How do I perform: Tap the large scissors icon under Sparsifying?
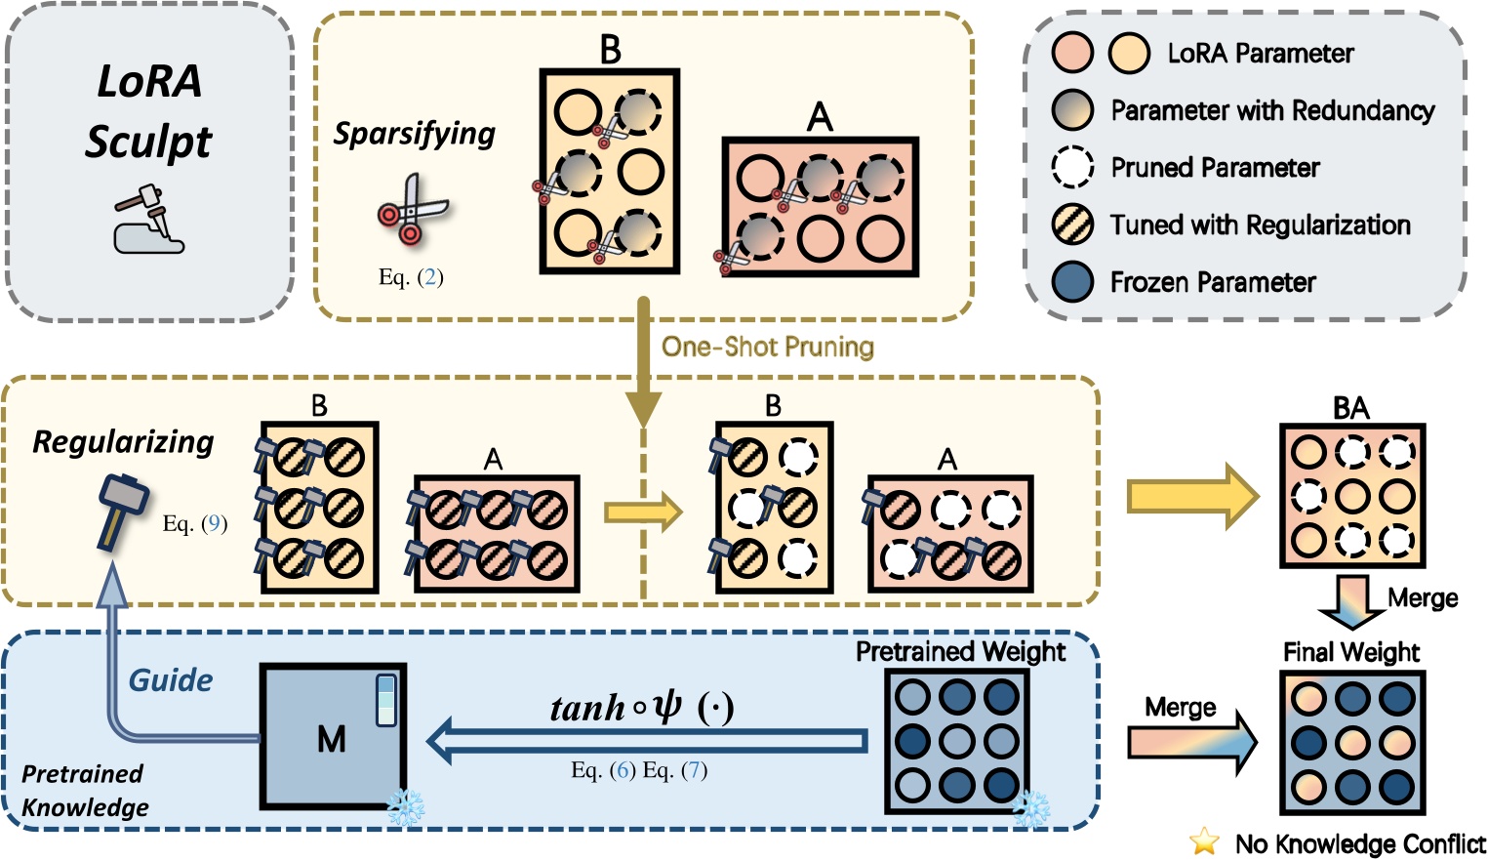point(412,209)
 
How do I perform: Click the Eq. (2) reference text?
point(411,277)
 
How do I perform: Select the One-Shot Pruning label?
point(768,347)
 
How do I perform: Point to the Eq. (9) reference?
point(195,523)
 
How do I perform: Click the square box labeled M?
point(332,737)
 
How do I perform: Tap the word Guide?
point(171,680)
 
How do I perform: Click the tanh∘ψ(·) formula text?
point(641,707)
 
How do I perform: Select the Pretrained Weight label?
point(960,651)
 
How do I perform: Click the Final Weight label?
point(1351,651)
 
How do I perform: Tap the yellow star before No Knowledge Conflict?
point(1205,840)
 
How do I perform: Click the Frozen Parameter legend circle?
point(1072,282)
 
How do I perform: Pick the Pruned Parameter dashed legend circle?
point(1072,167)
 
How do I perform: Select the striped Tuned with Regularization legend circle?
point(1072,225)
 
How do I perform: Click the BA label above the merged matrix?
point(1351,408)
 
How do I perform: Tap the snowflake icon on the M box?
point(404,807)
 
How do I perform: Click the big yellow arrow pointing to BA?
point(1192,496)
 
